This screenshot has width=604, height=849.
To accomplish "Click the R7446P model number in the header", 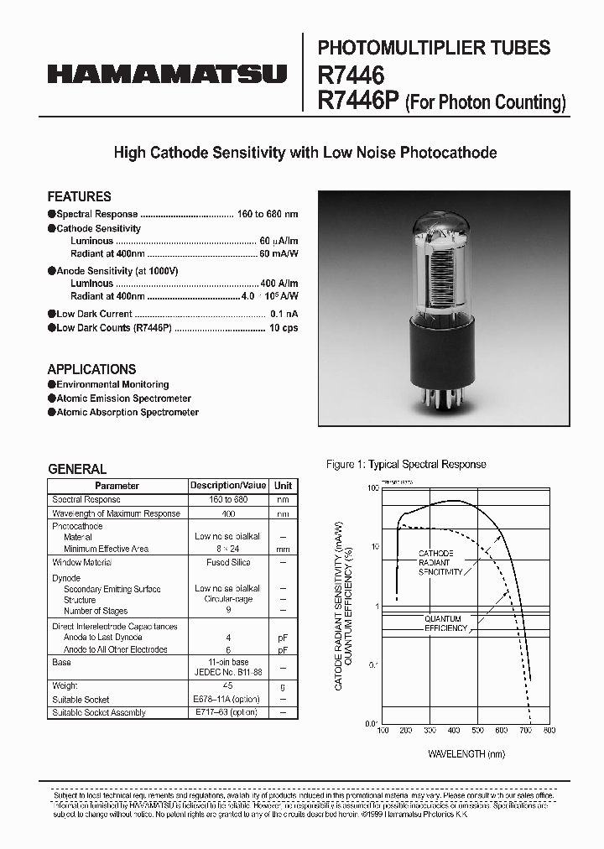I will [x=358, y=102].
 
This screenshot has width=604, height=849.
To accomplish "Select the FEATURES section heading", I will [x=79, y=196].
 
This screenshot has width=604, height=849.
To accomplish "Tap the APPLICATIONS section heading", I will [x=91, y=369].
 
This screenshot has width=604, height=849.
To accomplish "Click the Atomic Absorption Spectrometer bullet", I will [x=128, y=413].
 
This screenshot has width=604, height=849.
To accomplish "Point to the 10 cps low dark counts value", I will [x=284, y=328].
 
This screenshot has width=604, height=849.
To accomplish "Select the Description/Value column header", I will [x=228, y=486].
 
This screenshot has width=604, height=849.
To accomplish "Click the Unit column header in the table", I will [x=284, y=486].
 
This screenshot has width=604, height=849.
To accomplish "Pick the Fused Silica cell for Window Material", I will [x=228, y=563].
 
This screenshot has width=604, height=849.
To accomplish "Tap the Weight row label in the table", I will [x=65, y=686].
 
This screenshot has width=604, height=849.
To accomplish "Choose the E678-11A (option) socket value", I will [x=228, y=700].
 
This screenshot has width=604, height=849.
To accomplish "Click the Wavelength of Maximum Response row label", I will [x=116, y=513].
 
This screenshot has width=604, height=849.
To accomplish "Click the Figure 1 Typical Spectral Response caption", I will [x=405, y=465].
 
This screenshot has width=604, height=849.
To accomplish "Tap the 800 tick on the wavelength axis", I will [x=549, y=732].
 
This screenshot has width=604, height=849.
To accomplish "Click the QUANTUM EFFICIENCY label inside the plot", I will [x=445, y=623].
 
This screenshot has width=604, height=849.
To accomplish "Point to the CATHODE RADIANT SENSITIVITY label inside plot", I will [x=440, y=563].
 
